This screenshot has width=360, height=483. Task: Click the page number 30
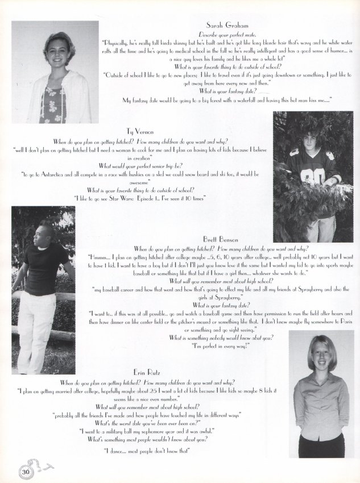coord(24,471)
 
